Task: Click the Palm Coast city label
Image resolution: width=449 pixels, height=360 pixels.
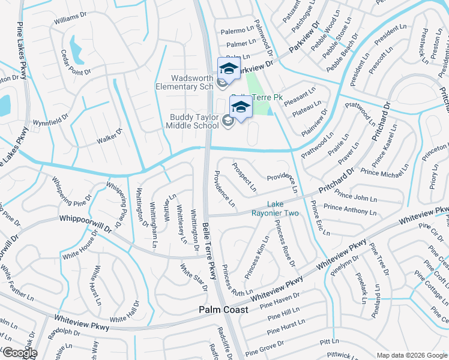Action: coord(223,310)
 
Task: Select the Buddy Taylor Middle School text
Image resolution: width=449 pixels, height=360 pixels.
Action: coord(194,121)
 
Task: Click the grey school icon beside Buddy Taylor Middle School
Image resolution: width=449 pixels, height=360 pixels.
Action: coord(228,122)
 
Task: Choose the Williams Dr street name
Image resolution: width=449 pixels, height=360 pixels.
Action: coord(70,20)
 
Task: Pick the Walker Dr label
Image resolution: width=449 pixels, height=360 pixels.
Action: coord(109,136)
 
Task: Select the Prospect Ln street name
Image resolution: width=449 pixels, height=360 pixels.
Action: coord(244,174)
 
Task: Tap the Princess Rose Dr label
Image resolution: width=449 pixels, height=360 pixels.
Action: coord(285,243)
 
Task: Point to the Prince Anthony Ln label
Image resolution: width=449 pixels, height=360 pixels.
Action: coord(350,209)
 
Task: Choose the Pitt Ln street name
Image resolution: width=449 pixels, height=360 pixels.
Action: coord(330,341)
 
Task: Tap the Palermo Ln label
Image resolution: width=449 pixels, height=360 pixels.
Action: coord(237,30)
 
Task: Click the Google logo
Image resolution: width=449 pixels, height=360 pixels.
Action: coord(19,353)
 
